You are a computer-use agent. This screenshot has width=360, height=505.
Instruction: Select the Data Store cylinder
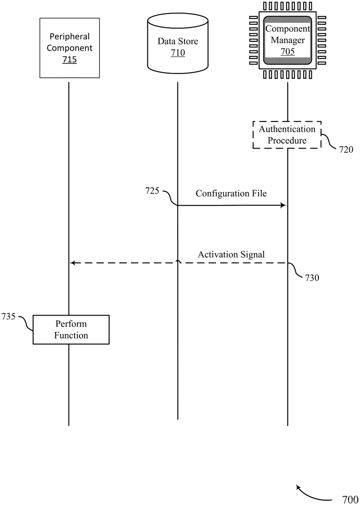tap(177, 44)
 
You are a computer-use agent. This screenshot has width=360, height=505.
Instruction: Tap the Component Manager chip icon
tap(288, 40)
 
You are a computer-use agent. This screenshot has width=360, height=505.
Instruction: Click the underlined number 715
tap(69, 60)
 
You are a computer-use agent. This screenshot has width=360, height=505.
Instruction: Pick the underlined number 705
tap(288, 51)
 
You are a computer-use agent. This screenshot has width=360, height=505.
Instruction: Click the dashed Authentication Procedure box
tap(287, 135)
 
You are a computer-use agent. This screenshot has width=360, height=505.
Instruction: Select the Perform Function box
tap(71, 330)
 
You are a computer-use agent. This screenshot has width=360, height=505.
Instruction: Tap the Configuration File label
tap(231, 194)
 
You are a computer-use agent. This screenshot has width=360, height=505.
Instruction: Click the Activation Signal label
tap(231, 254)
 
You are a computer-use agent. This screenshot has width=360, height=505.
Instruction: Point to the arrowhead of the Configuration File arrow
tap(283, 205)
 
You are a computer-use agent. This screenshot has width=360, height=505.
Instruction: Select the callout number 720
tap(346, 149)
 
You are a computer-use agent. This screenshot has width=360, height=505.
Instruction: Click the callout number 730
tap(312, 278)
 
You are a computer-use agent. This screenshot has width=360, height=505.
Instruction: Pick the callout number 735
tap(8, 316)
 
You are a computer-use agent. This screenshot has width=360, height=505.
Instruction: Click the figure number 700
tap(350, 500)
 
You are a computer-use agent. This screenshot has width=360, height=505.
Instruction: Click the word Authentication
tap(287, 129)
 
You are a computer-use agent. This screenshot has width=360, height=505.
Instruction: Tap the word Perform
tap(71, 324)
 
